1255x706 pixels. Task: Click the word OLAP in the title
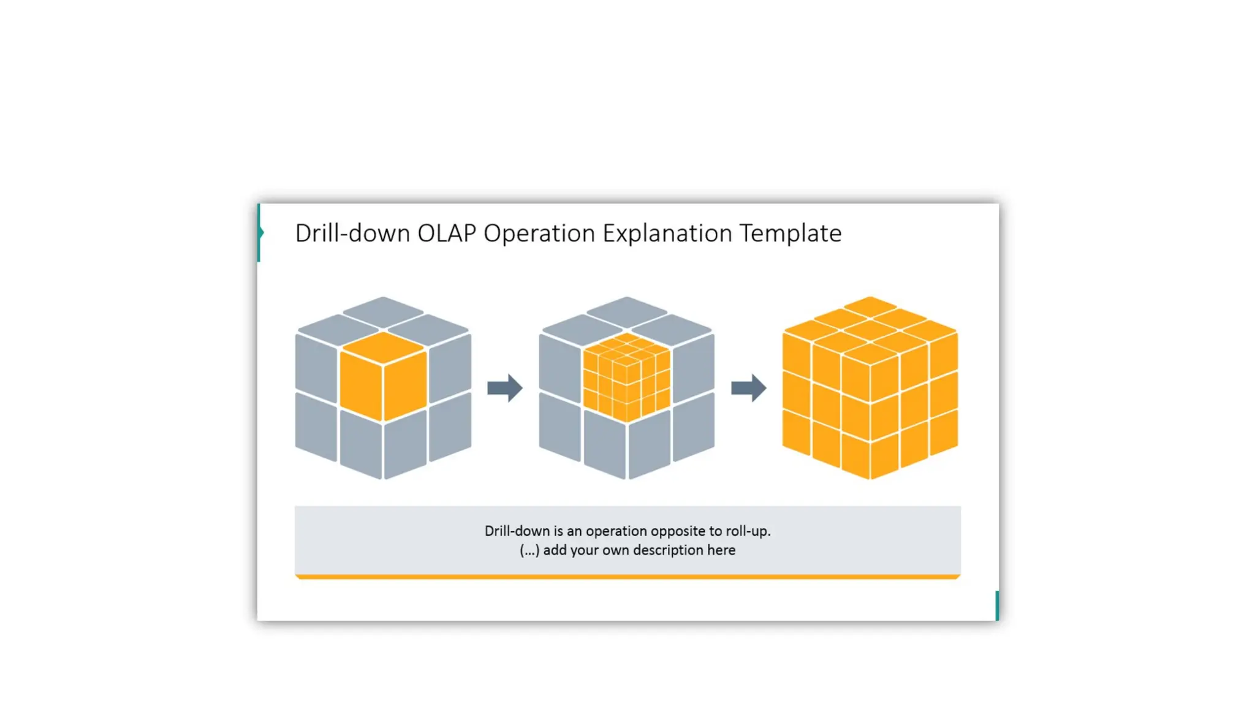point(446,233)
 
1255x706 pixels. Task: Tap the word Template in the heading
point(790,233)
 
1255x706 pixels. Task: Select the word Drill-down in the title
point(352,233)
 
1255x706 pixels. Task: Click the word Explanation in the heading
point(667,233)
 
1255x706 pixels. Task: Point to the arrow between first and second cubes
point(504,388)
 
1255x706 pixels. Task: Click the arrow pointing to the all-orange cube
point(748,388)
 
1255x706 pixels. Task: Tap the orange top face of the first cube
point(383,347)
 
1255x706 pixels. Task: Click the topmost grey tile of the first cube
point(383,311)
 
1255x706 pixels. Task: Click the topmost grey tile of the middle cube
point(626,311)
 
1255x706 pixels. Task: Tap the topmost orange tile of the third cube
point(870,306)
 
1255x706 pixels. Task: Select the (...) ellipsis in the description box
point(529,550)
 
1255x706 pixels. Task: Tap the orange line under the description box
point(627,577)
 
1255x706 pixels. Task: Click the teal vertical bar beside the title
point(259,233)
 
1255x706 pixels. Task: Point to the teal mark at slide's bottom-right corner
point(997,605)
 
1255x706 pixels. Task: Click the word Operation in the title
point(539,233)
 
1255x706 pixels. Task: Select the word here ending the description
point(721,550)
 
